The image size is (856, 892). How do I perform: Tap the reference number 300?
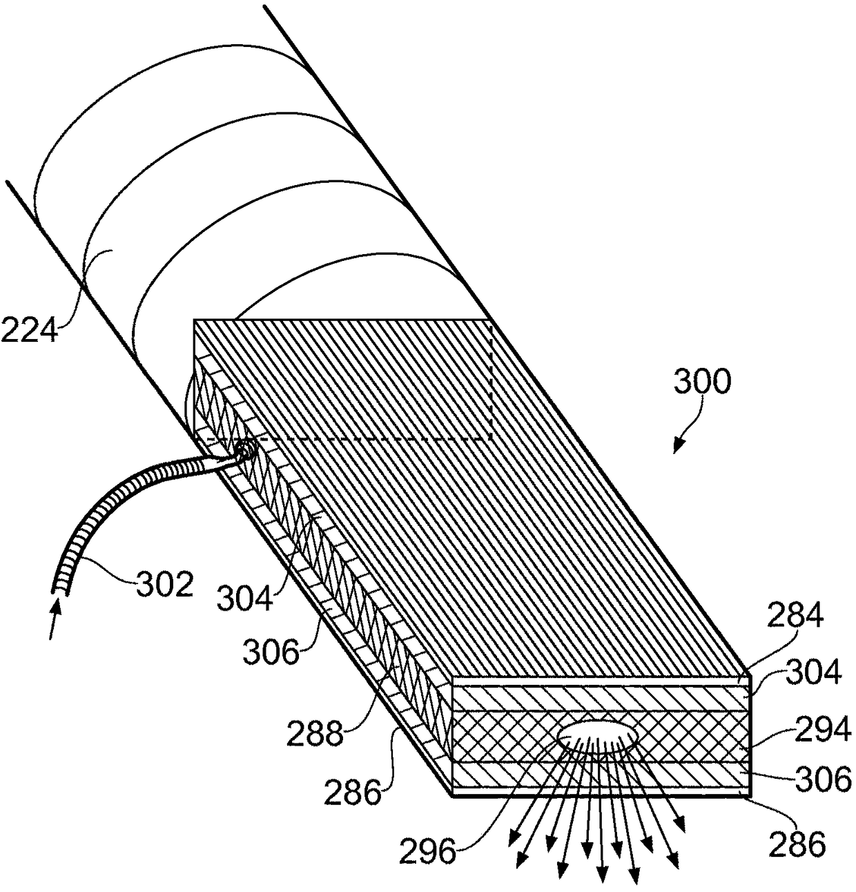point(701,380)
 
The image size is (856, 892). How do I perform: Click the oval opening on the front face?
point(597,737)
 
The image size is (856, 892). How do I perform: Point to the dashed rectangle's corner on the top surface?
point(490,438)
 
